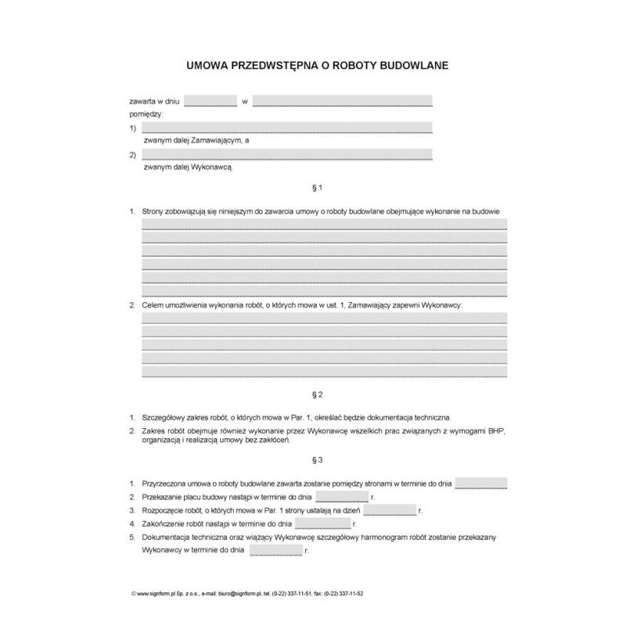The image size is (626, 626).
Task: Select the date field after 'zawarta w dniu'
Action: pyautogui.click(x=210, y=101)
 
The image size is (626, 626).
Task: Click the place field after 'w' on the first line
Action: pyautogui.click(x=342, y=101)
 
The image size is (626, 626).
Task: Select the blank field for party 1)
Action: pyautogui.click(x=286, y=128)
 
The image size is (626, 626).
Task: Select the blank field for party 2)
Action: pyautogui.click(x=286, y=154)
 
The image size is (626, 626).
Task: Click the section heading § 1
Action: pyautogui.click(x=318, y=189)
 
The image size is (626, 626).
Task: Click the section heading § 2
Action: pyautogui.click(x=318, y=394)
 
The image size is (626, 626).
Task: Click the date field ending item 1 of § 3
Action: pyautogui.click(x=480, y=484)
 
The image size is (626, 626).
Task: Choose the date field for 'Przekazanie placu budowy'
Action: pyautogui.click(x=342, y=497)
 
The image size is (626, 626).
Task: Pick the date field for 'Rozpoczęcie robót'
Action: pyautogui.click(x=390, y=510)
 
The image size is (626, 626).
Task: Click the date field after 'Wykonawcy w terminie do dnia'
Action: pyautogui.click(x=275, y=550)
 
